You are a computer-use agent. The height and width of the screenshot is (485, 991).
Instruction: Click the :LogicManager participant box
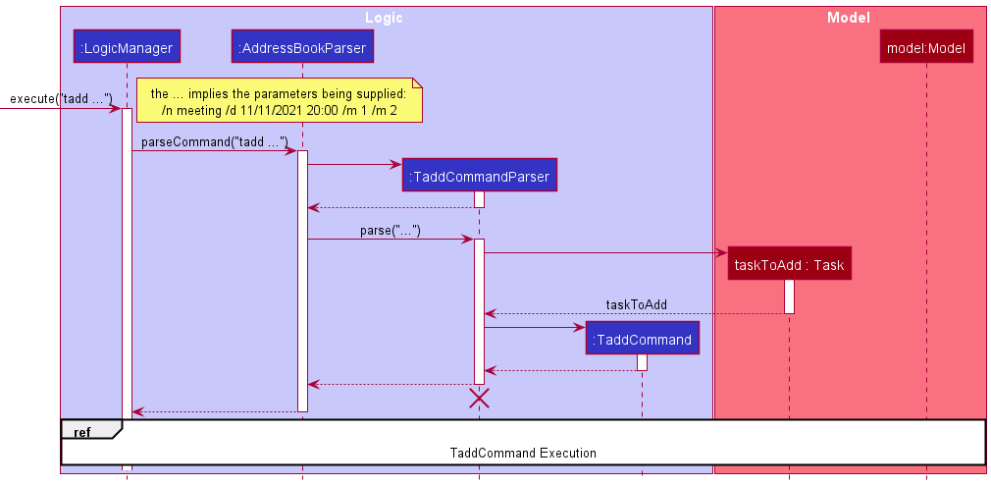[126, 46]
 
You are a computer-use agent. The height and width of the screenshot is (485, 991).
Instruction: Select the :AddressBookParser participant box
[302, 46]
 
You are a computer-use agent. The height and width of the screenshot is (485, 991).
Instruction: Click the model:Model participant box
[926, 47]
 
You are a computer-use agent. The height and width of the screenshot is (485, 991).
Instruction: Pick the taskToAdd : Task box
[789, 263]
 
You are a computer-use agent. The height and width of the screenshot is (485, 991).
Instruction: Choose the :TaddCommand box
[642, 339]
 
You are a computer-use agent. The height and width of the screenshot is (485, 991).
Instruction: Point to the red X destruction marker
[479, 398]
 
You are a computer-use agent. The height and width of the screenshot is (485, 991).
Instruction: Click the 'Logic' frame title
[384, 18]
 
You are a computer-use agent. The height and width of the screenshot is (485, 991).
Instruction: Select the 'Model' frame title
[848, 18]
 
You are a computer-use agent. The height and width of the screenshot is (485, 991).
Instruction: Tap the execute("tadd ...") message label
[60, 99]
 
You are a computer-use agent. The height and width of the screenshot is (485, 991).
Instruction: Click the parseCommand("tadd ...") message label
[214, 142]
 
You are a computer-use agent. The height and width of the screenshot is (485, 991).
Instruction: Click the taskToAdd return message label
[636, 304]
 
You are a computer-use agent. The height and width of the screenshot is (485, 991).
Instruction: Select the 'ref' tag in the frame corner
[81, 430]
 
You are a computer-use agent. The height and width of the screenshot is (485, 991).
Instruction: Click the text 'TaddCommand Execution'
[523, 453]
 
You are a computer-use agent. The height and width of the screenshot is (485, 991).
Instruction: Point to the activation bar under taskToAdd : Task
[789, 296]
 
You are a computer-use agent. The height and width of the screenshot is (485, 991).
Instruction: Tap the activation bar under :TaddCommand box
[642, 362]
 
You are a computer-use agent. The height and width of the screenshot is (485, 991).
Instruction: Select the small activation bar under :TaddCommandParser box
[479, 199]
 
